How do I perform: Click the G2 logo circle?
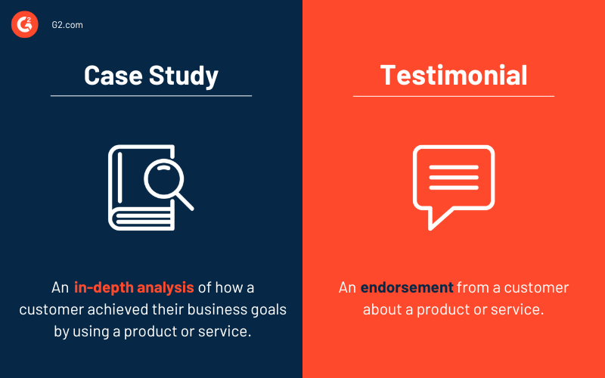[x=25, y=24]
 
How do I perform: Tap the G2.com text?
[x=67, y=25]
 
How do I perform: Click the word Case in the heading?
[x=113, y=75]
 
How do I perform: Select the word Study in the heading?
[x=184, y=76]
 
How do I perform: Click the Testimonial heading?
[x=454, y=75]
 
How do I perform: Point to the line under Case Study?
[x=151, y=96]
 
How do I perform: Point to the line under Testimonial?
[x=454, y=96]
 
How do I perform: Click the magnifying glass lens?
[x=164, y=179]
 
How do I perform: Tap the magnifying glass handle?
[x=185, y=201]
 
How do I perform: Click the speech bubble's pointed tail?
[x=439, y=218]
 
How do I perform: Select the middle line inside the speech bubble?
[x=454, y=178]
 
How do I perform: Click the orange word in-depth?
[x=104, y=288]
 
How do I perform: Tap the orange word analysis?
[x=166, y=288]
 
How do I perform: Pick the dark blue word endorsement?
[x=407, y=288]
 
